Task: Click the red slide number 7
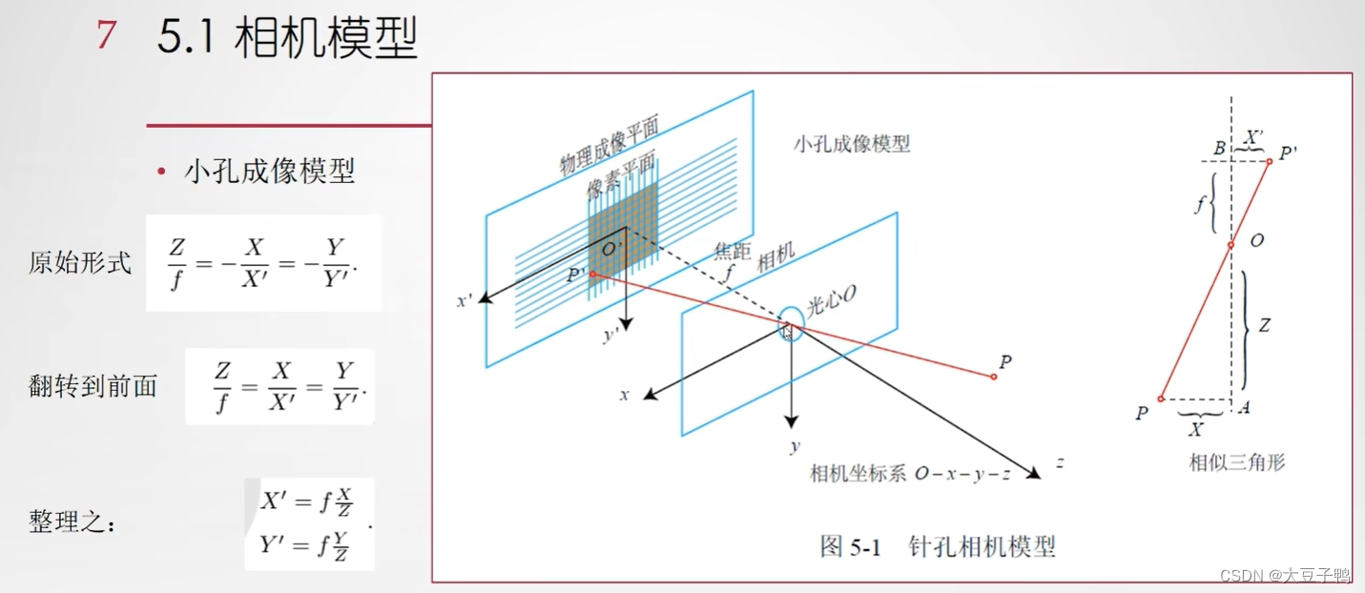(107, 35)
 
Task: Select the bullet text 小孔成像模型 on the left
(269, 171)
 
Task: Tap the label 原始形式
(80, 262)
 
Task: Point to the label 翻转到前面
(93, 386)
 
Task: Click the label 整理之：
(72, 522)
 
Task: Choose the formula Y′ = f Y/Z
(307, 545)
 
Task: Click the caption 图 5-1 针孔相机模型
(938, 546)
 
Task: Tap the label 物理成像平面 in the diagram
(610, 145)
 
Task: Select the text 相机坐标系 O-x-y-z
(910, 474)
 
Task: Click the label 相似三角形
(1236, 462)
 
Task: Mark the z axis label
(1059, 463)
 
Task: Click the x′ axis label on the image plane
(465, 300)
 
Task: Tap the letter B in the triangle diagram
(1218, 149)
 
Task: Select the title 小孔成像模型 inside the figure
(851, 144)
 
